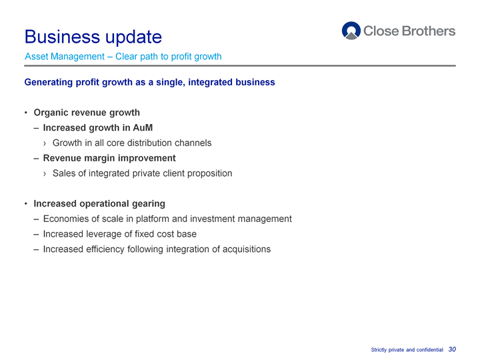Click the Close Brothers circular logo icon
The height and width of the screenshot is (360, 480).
pyautogui.click(x=351, y=31)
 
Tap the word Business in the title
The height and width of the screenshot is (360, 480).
pyautogui.click(x=62, y=37)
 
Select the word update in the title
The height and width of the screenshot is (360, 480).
pyautogui.click(x=133, y=37)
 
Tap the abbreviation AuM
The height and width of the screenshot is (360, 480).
pyautogui.click(x=143, y=127)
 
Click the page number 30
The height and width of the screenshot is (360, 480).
pyautogui.click(x=452, y=349)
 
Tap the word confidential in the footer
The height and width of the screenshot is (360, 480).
pyautogui.click(x=430, y=349)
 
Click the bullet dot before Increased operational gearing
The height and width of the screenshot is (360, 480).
pyautogui.click(x=26, y=203)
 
